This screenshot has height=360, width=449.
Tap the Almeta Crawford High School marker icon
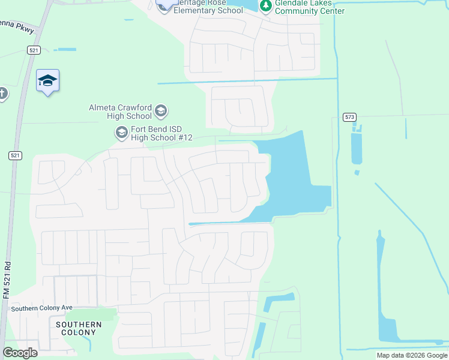160,110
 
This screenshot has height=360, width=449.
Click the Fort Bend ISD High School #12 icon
121,133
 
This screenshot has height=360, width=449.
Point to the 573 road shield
350,116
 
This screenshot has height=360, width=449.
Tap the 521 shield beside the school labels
16,155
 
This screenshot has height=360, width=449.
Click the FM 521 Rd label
7,280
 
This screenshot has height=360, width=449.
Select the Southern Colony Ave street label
41,308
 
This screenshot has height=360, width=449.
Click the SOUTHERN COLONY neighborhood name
78,328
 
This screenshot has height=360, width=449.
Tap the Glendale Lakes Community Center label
310,7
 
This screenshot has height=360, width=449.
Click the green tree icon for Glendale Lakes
265,6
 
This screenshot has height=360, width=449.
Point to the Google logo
20,353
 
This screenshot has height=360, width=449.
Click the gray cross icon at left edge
2,94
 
